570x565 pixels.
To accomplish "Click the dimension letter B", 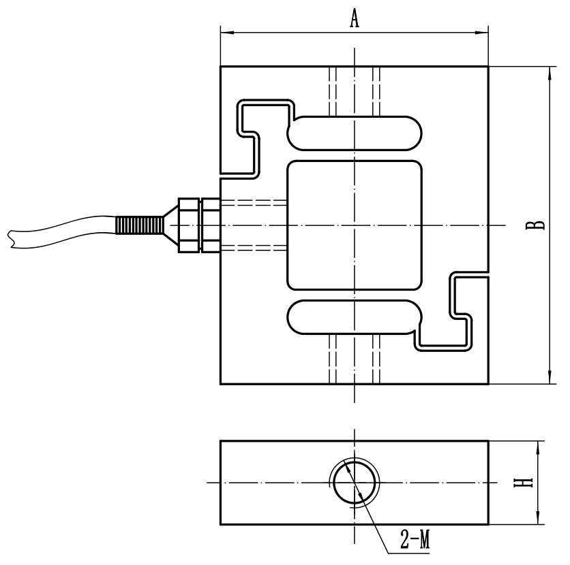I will point(538,225).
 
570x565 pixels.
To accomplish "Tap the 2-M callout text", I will point(414,542).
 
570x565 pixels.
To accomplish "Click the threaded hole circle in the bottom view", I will point(355,483).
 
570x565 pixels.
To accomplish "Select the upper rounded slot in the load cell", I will point(355,132).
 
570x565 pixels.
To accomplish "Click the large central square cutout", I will point(355,225).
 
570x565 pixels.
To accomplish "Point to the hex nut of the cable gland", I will point(189,225).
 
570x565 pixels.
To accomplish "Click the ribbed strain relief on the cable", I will point(136,225).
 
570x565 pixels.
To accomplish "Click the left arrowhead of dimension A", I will point(224,31).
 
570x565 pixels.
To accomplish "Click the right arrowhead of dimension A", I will point(484,31).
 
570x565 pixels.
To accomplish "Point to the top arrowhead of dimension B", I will point(549,71).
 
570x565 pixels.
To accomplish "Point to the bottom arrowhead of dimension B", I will point(549,379).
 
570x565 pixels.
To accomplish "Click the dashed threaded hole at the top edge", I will point(355,90).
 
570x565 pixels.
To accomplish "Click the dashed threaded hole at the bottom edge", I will point(355,359).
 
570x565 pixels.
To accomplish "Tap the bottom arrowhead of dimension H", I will point(539,521).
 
